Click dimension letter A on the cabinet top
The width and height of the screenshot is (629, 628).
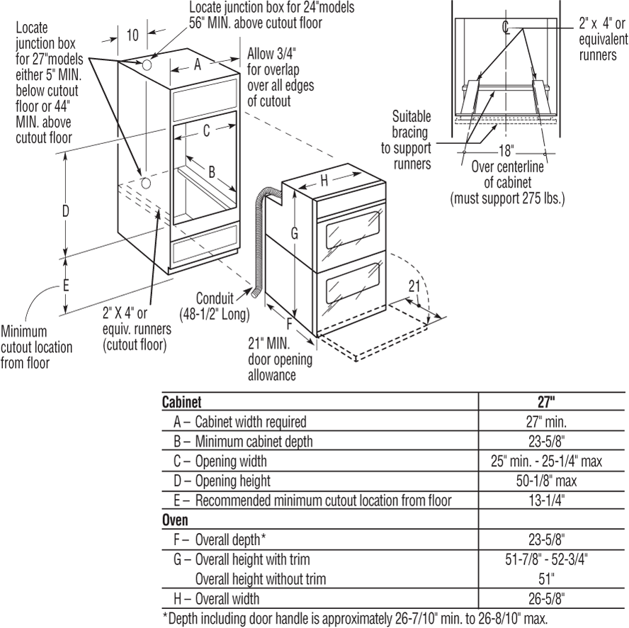[x=198, y=65]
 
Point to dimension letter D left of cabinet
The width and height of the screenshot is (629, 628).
[x=65, y=211]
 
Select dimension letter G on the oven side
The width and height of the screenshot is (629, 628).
[x=295, y=232]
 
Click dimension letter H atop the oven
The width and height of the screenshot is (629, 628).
[x=324, y=180]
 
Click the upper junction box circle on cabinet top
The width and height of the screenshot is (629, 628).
[x=147, y=65]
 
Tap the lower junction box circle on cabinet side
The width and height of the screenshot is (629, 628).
[x=145, y=182]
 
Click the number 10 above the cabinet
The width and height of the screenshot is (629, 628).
[x=132, y=35]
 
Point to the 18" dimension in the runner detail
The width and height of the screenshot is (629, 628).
[x=505, y=151]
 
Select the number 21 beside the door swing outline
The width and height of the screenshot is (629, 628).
[x=415, y=286]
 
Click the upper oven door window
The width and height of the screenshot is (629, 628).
[x=355, y=235]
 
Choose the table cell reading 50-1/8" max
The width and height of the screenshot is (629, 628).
[x=545, y=481]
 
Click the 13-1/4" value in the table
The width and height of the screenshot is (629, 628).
[x=545, y=500]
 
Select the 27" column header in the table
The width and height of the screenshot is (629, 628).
[x=545, y=401]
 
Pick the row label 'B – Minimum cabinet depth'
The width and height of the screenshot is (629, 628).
[x=244, y=441]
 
